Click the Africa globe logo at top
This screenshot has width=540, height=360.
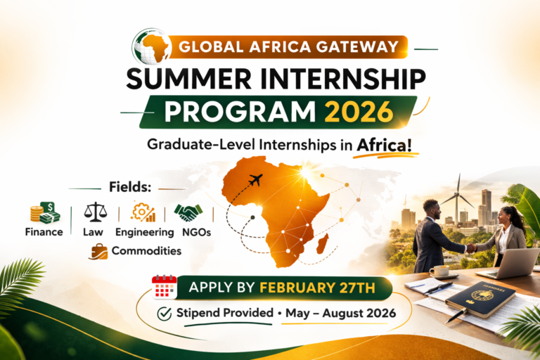pos(150,46)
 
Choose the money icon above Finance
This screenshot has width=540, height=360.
pos(45,212)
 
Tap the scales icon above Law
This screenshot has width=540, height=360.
pos(95,212)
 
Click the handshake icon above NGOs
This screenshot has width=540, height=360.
pos(188,212)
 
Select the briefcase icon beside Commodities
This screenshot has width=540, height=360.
pos(99,250)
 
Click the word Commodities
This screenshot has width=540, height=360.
pos(146,251)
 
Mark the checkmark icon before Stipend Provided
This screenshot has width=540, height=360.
pos(165,314)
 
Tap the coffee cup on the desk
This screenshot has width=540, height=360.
pos(440,271)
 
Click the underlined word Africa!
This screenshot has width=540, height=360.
pos(384,146)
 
